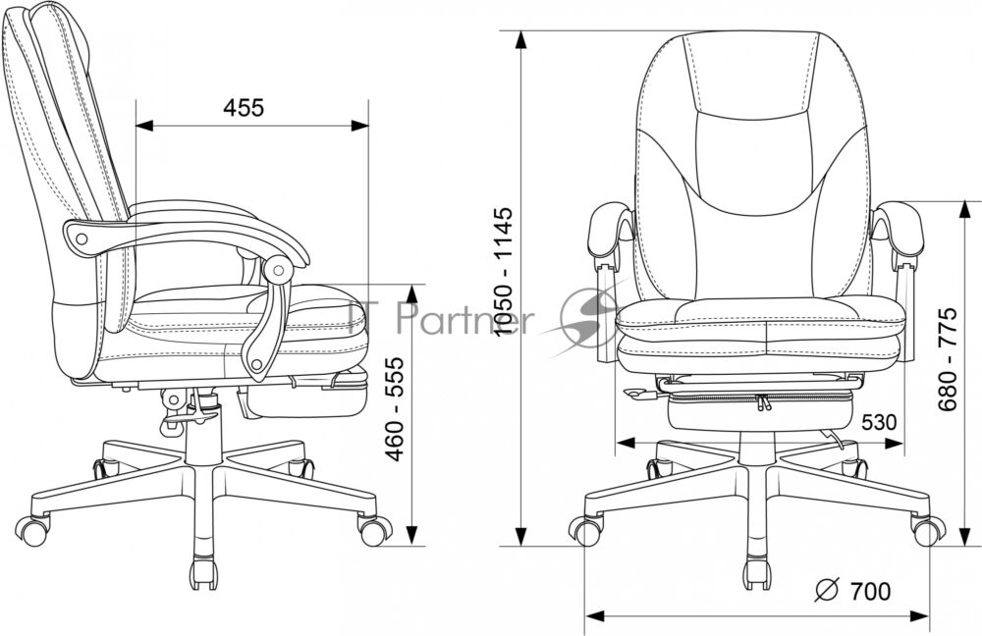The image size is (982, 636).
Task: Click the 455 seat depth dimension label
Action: pos(244,108)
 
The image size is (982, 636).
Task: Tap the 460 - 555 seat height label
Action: pos(395,409)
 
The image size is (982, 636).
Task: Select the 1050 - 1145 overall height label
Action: pos(503,271)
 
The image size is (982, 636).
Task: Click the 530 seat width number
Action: pos(878,423)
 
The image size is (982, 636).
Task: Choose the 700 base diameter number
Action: pos(870,590)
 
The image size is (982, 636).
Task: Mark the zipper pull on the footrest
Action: pos(762,402)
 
